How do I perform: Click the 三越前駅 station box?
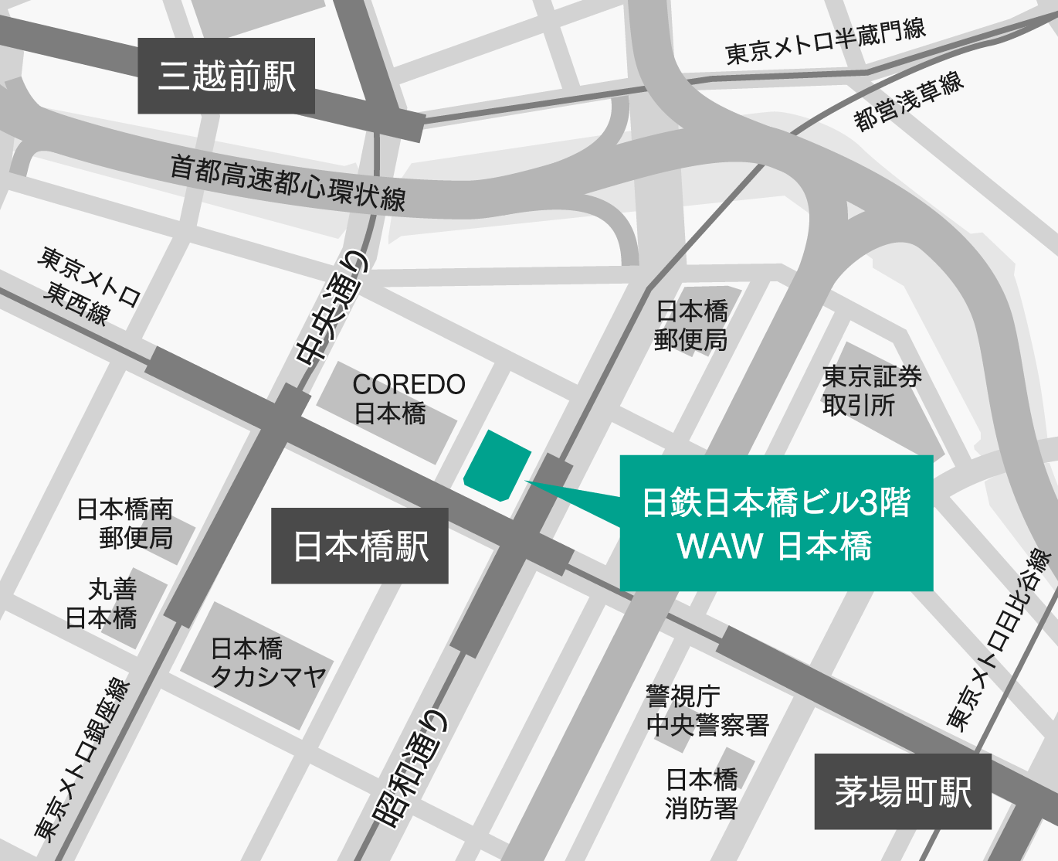(x=226, y=76)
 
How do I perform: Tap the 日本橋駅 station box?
(x=360, y=546)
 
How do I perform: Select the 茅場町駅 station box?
(x=903, y=791)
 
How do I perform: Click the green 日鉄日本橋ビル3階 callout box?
(x=776, y=523)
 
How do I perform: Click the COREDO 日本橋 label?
(x=408, y=399)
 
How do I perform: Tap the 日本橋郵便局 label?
(x=691, y=325)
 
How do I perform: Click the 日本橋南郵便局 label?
(x=125, y=523)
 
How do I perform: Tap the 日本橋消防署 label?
(x=701, y=793)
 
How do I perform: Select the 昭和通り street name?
(x=409, y=769)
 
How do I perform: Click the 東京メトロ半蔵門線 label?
(x=825, y=42)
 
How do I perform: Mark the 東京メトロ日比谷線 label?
(x=999, y=641)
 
